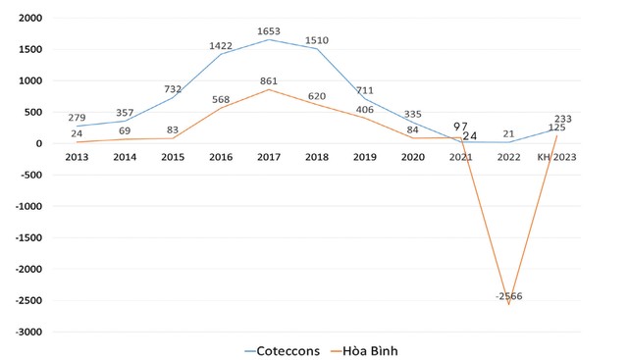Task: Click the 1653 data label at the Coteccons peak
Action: (x=270, y=31)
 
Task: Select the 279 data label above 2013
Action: (x=77, y=118)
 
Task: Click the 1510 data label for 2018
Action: (x=317, y=41)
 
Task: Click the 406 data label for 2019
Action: (x=365, y=110)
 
